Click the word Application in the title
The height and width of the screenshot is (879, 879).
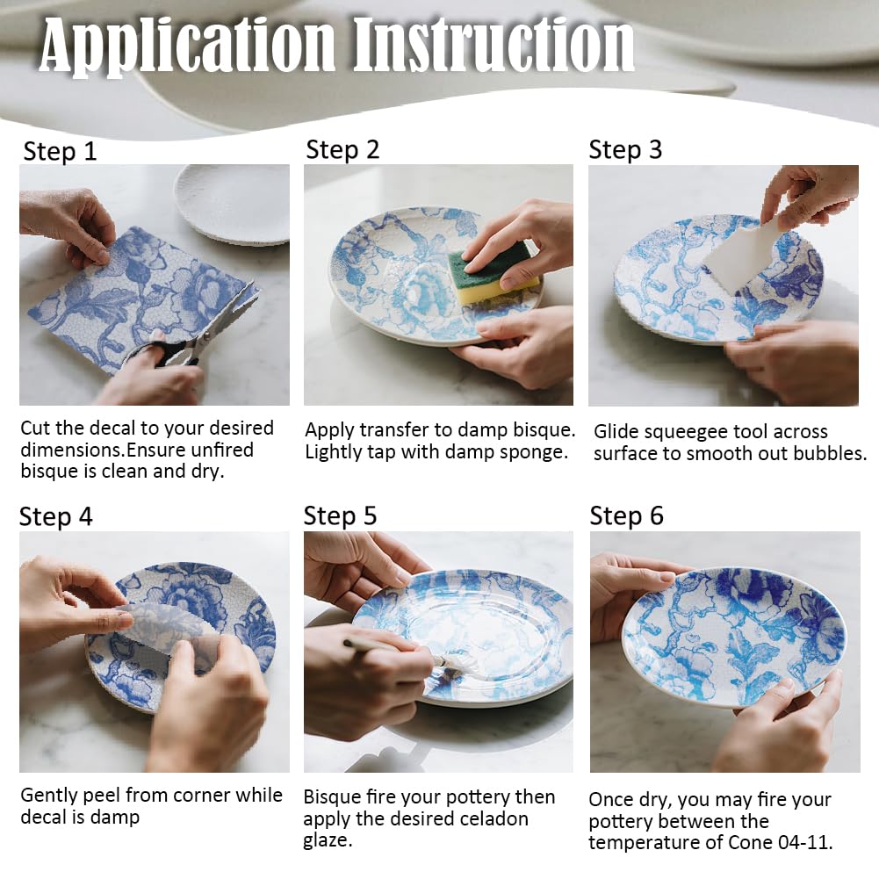click(x=187, y=45)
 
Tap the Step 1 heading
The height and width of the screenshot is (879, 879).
click(x=60, y=151)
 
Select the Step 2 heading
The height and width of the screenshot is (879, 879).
click(x=342, y=150)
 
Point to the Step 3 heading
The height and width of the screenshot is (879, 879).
click(x=625, y=150)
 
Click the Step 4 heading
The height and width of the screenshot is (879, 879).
click(x=55, y=516)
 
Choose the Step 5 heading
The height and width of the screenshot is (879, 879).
click(x=340, y=515)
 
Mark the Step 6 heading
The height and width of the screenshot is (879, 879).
click(x=626, y=515)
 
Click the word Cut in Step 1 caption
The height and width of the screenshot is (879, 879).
click(x=36, y=428)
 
